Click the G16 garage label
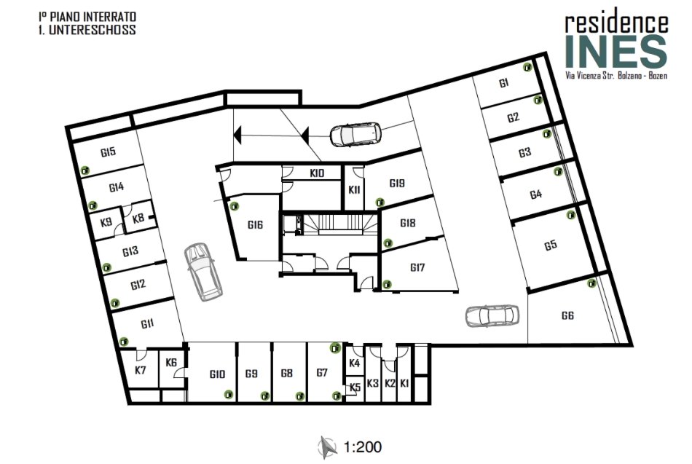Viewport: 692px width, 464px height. pyautogui.click(x=255, y=224)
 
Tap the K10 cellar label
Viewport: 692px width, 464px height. pyautogui.click(x=317, y=173)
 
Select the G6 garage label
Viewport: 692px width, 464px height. pyautogui.click(x=567, y=315)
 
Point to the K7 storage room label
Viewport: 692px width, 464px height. pyautogui.click(x=141, y=369)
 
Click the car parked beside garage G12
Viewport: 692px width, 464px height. pyautogui.click(x=203, y=272)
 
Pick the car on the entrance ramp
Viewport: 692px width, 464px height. pyautogui.click(x=355, y=134)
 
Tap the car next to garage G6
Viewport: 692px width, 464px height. pyautogui.click(x=492, y=315)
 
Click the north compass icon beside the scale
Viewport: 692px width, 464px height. pyautogui.click(x=328, y=447)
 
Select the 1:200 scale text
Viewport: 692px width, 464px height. pyautogui.click(x=363, y=447)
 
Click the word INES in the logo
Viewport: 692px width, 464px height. pyautogui.click(x=616, y=52)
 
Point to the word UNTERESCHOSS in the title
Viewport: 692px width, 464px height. pyautogui.click(x=93, y=30)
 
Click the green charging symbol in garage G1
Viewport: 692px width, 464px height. pyautogui.click(x=527, y=67)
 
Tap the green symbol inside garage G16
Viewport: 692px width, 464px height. pyautogui.click(x=235, y=205)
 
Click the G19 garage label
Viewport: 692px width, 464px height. pyautogui.click(x=397, y=183)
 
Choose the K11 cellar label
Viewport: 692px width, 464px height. pyautogui.click(x=354, y=190)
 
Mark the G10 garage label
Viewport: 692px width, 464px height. pyautogui.click(x=217, y=374)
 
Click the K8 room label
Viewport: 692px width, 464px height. pyautogui.click(x=138, y=218)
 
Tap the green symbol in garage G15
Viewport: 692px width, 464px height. pyautogui.click(x=85, y=170)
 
